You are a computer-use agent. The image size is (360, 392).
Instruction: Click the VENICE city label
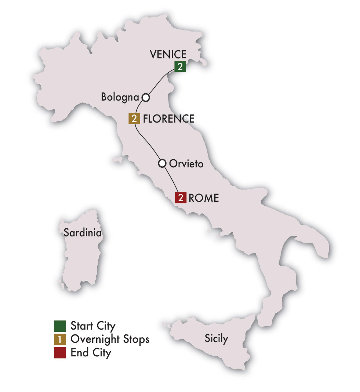click(168, 55)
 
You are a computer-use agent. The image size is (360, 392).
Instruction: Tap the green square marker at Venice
click(180, 66)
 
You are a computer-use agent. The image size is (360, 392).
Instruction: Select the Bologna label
click(120, 98)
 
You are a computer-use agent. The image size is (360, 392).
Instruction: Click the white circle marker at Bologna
click(146, 97)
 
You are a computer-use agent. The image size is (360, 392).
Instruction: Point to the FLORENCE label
click(169, 119)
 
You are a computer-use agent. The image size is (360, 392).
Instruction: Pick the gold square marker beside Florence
click(134, 119)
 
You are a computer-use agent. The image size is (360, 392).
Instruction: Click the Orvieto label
click(186, 163)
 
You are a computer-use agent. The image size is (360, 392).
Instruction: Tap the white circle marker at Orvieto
click(162, 163)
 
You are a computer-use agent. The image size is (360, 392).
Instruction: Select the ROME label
click(204, 198)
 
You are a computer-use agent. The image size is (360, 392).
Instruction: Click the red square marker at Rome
click(181, 198)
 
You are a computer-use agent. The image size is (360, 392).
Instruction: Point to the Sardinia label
click(83, 232)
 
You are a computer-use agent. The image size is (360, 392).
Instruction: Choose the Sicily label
click(216, 338)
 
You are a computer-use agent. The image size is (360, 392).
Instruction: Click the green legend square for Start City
click(59, 326)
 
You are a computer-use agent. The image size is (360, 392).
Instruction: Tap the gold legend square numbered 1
click(59, 339)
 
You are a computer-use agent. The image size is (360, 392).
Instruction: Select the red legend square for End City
click(59, 353)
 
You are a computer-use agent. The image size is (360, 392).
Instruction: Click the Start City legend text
click(93, 326)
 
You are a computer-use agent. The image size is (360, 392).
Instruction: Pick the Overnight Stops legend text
click(110, 340)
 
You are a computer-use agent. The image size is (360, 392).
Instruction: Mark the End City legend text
click(90, 353)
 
